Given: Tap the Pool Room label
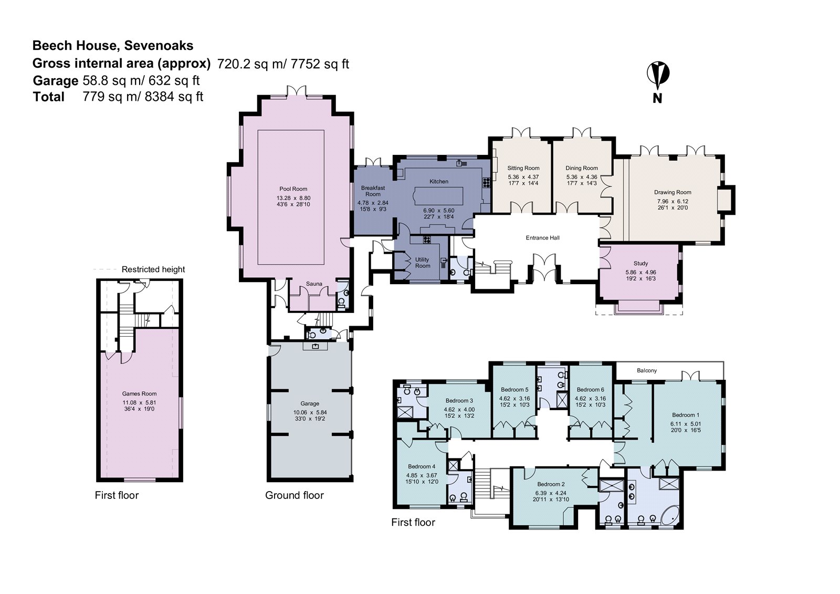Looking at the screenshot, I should click(293, 189).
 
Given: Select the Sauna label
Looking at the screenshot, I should click(314, 284).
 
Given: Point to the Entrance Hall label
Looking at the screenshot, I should click(542, 238).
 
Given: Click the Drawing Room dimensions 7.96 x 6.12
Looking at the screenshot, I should click(673, 201).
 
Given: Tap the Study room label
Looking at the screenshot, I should click(640, 264).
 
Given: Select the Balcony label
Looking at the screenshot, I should click(647, 370).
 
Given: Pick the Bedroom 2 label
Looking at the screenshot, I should click(551, 484).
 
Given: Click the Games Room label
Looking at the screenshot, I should click(139, 393).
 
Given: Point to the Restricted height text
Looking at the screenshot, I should click(153, 269).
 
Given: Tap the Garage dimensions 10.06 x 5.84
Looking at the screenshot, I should click(310, 412).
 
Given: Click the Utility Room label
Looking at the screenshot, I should click(422, 263).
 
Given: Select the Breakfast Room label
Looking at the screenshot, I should click(373, 191).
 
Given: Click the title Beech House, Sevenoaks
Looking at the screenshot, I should click(113, 46).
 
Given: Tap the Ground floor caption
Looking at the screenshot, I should click(294, 495).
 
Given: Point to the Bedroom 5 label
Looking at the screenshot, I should click(514, 390).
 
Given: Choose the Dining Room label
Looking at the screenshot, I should click(581, 168).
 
